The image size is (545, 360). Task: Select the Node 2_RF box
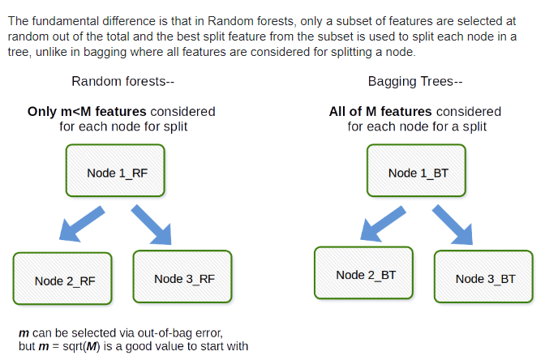[64, 280]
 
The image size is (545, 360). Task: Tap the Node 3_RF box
[183, 278]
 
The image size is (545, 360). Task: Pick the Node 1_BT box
[416, 172]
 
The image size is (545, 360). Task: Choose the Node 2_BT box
[365, 274]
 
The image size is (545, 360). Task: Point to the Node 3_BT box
[484, 277]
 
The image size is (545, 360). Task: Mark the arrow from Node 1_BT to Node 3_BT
[452, 223]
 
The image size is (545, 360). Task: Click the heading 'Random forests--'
[123, 81]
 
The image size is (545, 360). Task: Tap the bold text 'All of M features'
[376, 111]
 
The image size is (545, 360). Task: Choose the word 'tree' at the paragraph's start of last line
[19, 51]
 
